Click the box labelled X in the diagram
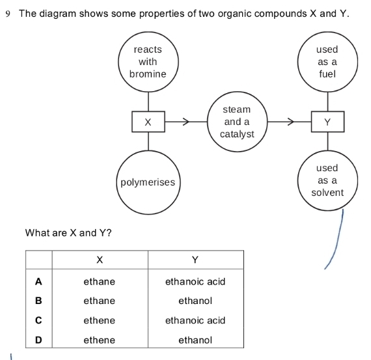[x=148, y=122]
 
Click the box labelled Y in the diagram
[x=327, y=122]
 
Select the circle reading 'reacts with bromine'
[x=148, y=62]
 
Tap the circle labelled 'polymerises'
[x=148, y=182]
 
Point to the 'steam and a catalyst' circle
[x=236, y=122]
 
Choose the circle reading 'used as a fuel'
[x=327, y=62]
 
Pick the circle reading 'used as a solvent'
[x=327, y=180]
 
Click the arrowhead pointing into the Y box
[x=290, y=122]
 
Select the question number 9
[x=8, y=14]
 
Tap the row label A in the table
[x=38, y=281]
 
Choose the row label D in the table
[x=38, y=340]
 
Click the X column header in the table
[x=99, y=260]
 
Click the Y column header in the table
[x=195, y=260]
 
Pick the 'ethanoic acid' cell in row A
[x=195, y=281]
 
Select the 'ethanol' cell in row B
[x=195, y=301]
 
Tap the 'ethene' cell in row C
[x=99, y=320]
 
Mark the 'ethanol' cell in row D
[x=195, y=340]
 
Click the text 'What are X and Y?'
[x=68, y=232]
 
